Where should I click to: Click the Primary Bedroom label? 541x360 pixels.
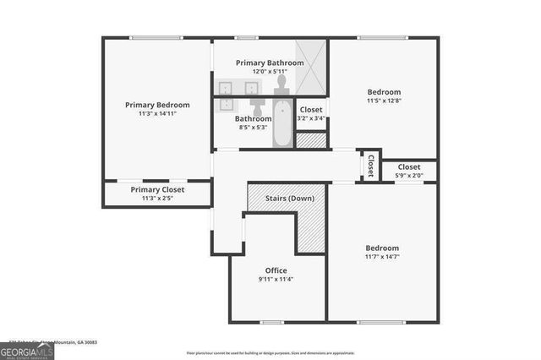(157, 105)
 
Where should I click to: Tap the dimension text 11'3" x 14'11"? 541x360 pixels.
(157, 114)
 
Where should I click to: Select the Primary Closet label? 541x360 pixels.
(157, 190)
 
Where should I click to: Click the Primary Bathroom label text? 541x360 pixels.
(270, 63)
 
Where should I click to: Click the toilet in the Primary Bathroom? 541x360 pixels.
(281, 85)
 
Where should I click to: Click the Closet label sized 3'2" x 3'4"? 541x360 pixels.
(311, 110)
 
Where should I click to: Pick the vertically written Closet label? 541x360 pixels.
(370, 165)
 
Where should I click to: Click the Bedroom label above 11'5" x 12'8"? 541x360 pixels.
(383, 91)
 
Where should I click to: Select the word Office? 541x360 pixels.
(276, 270)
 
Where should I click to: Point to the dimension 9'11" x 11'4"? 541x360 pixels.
(276, 280)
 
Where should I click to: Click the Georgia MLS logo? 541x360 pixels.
(27, 348)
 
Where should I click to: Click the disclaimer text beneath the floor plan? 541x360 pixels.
(271, 352)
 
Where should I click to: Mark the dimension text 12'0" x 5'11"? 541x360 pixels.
(270, 72)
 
